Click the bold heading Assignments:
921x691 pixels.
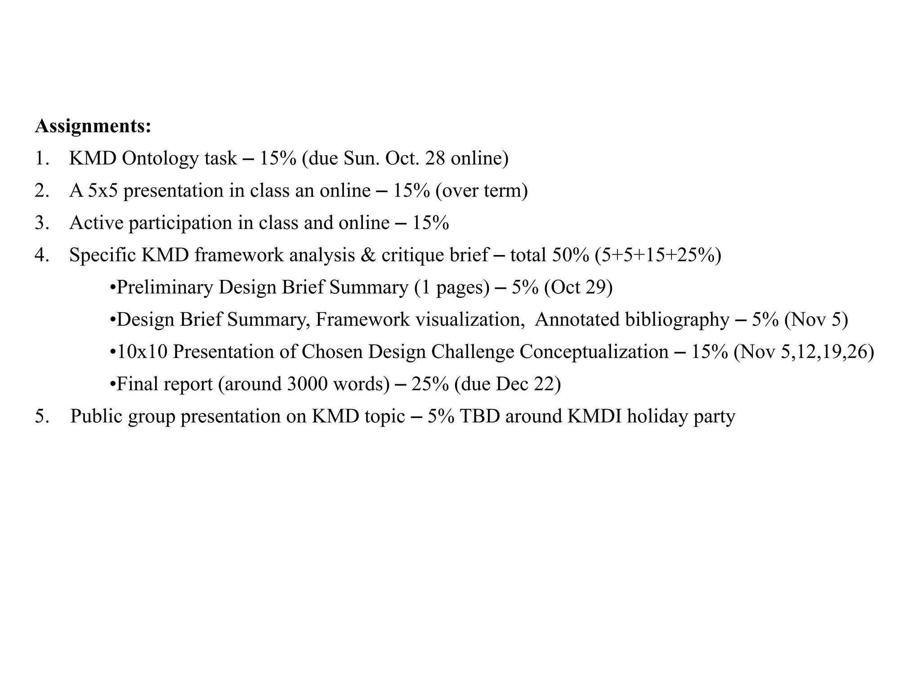pyautogui.click(x=93, y=126)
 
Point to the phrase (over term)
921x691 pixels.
pyautogui.click(x=481, y=191)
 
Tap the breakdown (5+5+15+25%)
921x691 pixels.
pyautogui.click(x=657, y=255)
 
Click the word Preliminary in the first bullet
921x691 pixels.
pyautogui.click(x=165, y=287)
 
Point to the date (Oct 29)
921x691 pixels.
pyautogui.click(x=578, y=287)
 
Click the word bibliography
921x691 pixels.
pyautogui.click(x=677, y=320)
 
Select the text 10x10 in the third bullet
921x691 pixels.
pyautogui.click(x=142, y=352)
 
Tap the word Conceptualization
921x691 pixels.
pyautogui.click(x=594, y=352)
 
